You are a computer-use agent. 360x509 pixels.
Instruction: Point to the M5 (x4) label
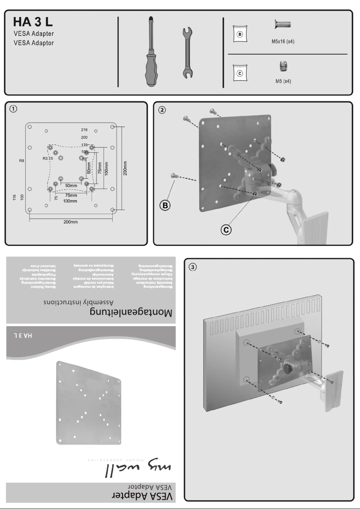pos(283,82)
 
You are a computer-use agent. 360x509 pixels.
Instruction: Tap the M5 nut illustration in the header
pos(283,66)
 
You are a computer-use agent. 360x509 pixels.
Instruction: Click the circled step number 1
pos(15,109)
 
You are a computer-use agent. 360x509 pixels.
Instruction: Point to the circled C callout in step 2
pos(227,230)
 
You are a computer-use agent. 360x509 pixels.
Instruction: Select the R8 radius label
pos(22,160)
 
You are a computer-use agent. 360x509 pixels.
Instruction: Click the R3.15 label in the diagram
pos(48,158)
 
